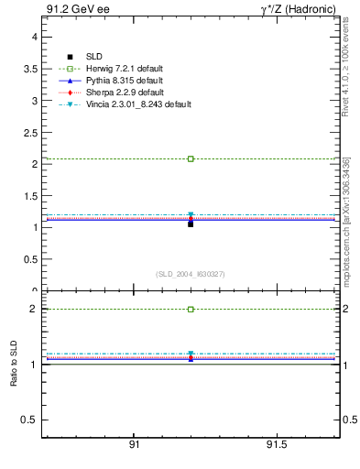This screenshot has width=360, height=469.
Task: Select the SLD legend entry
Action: click(x=94, y=57)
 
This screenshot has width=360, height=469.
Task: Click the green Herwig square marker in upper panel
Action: click(x=191, y=158)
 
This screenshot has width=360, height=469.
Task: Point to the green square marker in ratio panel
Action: click(x=191, y=310)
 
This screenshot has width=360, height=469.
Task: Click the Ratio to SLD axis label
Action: click(x=14, y=366)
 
